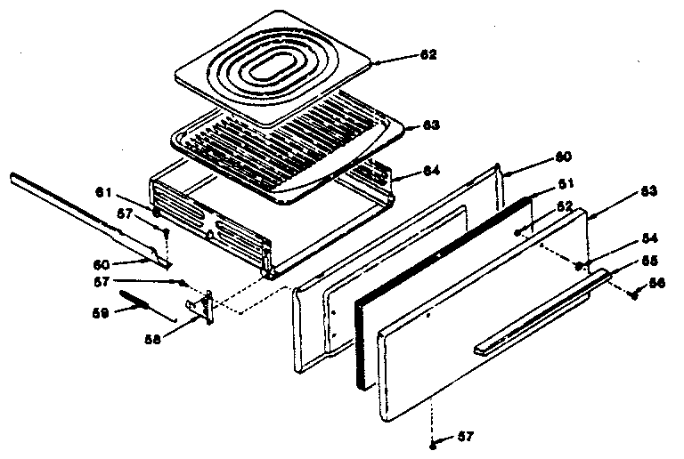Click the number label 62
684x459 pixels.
click(x=429, y=55)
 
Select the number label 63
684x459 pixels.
click(x=431, y=125)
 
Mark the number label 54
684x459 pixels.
click(x=624, y=238)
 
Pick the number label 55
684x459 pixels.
click(x=624, y=261)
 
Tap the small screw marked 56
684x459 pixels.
click(x=634, y=294)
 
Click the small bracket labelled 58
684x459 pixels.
click(x=203, y=308)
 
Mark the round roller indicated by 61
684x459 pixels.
click(x=157, y=213)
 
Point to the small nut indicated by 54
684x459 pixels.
click(x=579, y=265)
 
